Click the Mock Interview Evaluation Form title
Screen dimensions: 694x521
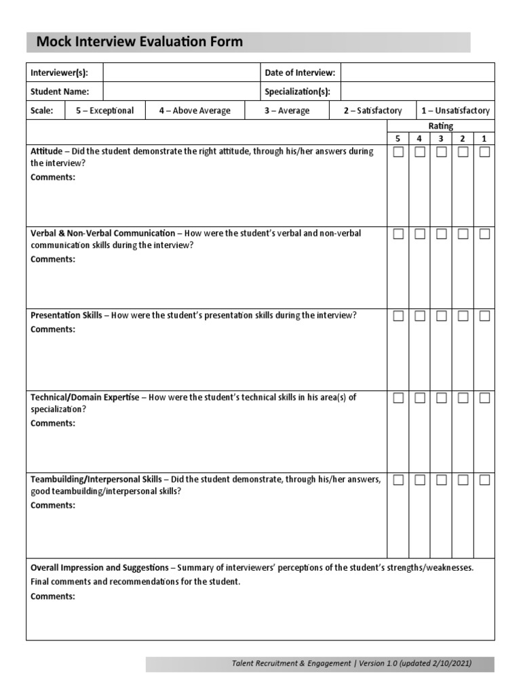click(x=139, y=42)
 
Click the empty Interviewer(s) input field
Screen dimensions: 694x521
click(x=181, y=73)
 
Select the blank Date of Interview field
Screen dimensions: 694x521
click(x=417, y=73)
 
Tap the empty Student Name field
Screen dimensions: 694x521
click(x=181, y=91)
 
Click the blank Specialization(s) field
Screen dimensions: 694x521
click(x=417, y=91)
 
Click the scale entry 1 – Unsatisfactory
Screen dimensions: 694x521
click(x=455, y=110)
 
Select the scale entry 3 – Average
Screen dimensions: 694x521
click(x=287, y=110)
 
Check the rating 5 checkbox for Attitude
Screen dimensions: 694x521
click(x=398, y=152)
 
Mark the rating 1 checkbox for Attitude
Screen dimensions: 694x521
click(x=484, y=152)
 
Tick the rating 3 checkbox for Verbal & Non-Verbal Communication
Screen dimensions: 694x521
click(x=441, y=234)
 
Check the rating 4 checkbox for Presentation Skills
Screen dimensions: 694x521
click(x=420, y=316)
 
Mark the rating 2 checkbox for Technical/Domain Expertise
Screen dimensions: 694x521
click(x=463, y=398)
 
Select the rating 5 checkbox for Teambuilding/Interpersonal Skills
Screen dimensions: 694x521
click(x=398, y=480)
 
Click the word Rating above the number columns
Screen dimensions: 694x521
click(x=441, y=126)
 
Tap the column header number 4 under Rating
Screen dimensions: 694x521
click(x=419, y=138)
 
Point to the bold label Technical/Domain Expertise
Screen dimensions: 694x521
click(x=85, y=397)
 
